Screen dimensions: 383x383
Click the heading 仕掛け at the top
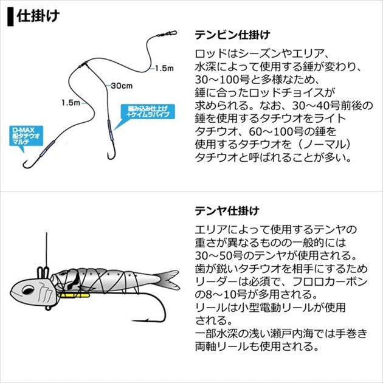point(38,15)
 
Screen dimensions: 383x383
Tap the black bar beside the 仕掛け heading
point(9,16)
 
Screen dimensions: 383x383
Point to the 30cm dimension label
point(121,86)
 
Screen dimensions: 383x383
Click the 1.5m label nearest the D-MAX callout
point(70,103)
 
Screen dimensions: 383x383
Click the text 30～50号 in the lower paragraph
point(218,255)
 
